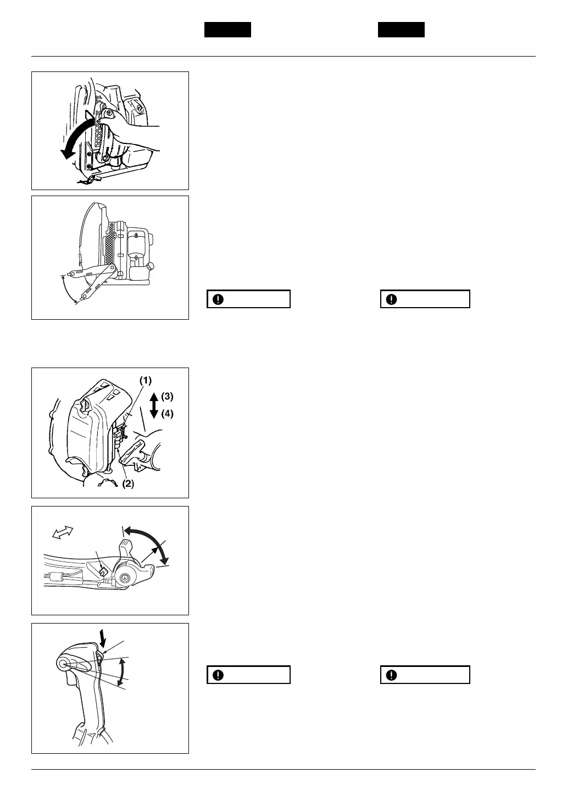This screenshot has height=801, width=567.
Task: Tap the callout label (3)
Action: point(168,396)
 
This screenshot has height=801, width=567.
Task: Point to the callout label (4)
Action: point(168,414)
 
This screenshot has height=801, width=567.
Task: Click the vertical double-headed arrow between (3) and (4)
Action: point(154,405)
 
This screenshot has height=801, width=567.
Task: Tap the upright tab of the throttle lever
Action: point(126,547)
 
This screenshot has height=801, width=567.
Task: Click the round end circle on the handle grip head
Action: point(62,663)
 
